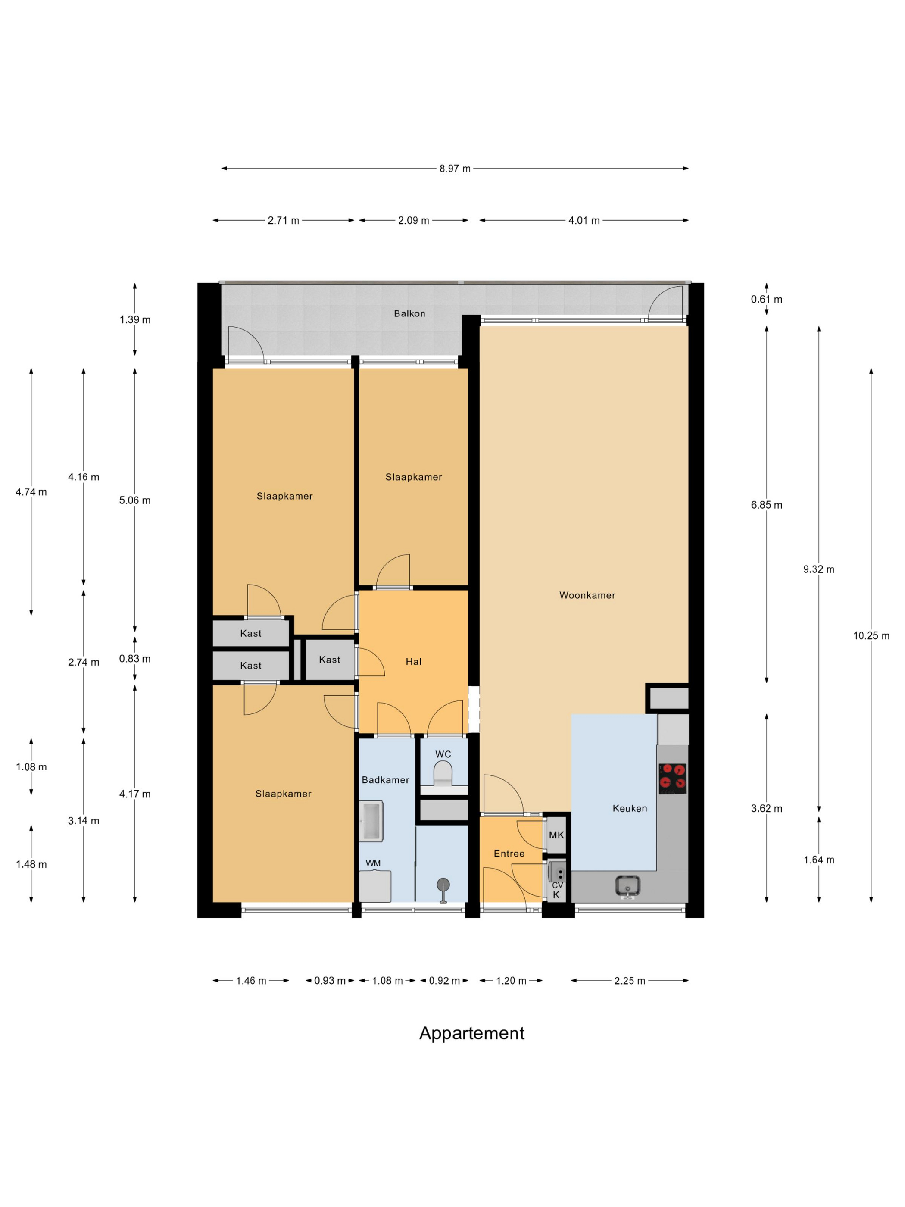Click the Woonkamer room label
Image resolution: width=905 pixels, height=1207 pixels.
[x=587, y=595]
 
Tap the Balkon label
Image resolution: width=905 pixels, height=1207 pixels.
[x=409, y=313]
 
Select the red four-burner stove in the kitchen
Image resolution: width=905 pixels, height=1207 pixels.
[x=672, y=778]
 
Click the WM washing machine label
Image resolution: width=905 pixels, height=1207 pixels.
[x=373, y=863]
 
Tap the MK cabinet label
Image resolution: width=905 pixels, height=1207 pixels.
[x=556, y=835]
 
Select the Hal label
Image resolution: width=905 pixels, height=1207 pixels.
[x=413, y=661]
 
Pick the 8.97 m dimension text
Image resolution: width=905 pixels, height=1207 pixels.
[x=455, y=169]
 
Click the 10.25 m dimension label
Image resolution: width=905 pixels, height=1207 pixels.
[x=871, y=636]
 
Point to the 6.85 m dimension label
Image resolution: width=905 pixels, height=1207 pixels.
[x=766, y=505]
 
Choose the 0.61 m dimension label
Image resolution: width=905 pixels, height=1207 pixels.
[x=766, y=299]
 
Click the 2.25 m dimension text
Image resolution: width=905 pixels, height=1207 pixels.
[x=630, y=981]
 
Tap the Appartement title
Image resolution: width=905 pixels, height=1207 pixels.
[x=472, y=1033]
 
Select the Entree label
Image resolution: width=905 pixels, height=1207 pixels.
[x=509, y=854]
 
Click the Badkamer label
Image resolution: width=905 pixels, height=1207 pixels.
[x=385, y=780]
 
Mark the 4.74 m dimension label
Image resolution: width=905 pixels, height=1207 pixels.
[x=31, y=492]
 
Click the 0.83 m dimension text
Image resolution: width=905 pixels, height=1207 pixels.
[x=135, y=659]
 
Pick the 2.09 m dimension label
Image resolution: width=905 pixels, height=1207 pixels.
[x=413, y=220]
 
